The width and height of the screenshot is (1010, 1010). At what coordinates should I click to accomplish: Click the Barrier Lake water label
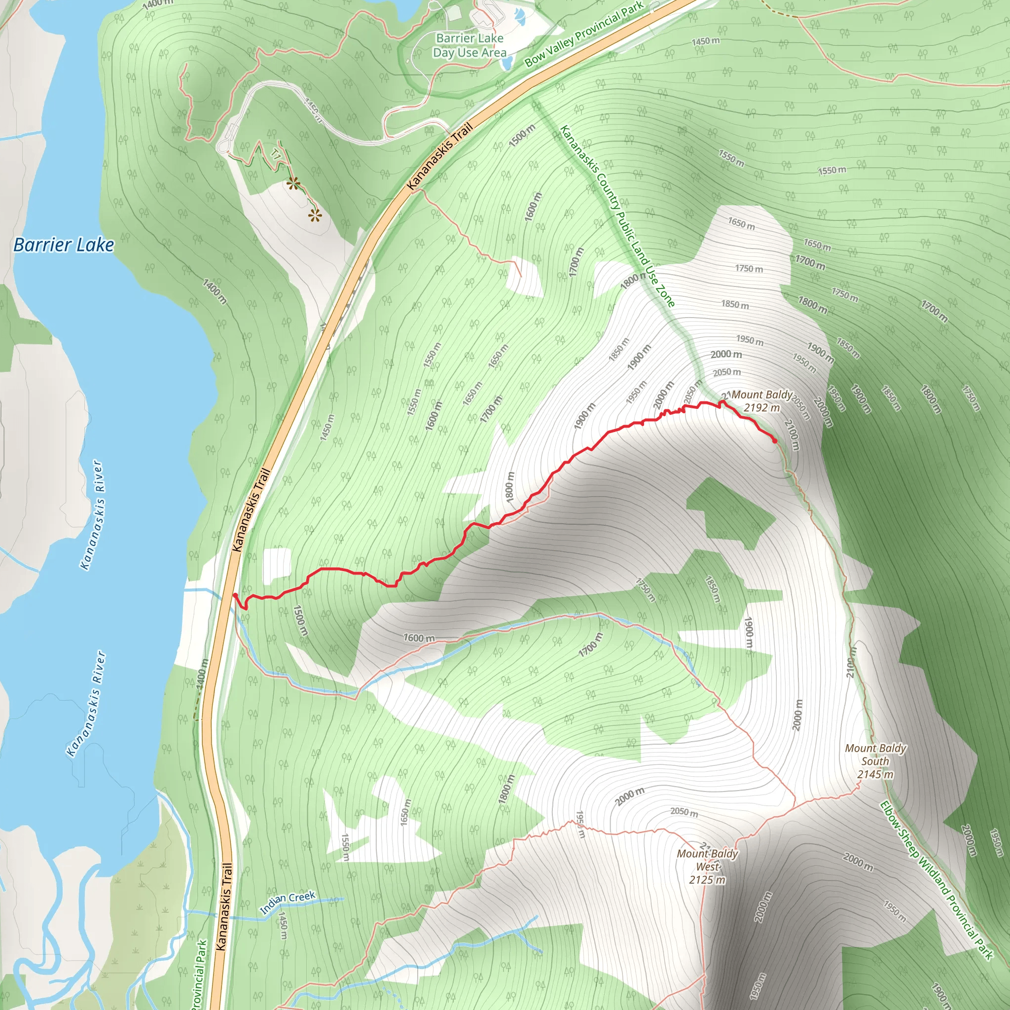[63, 245]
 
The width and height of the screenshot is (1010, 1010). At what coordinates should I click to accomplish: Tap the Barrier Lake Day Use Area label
[469, 45]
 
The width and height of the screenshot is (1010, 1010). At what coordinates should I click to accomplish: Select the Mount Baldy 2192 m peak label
[761, 401]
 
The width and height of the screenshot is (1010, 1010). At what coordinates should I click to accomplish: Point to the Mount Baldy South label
[875, 761]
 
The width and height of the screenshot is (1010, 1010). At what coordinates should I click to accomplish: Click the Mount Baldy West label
[707, 866]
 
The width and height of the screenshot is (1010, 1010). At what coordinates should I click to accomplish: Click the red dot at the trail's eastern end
[774, 441]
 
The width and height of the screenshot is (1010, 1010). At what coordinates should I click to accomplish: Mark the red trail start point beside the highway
[235, 595]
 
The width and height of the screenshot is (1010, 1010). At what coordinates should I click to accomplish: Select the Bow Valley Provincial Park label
[584, 35]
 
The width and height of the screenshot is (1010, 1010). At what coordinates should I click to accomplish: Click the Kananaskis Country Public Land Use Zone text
[617, 216]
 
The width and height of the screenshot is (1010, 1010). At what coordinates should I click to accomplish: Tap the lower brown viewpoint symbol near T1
[314, 215]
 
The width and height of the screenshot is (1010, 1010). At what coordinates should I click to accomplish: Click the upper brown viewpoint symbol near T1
[293, 183]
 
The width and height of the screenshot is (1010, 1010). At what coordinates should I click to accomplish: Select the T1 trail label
[276, 154]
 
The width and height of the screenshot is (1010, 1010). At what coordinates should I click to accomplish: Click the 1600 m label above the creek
[419, 638]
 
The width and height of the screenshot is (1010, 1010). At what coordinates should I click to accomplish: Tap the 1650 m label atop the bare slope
[741, 224]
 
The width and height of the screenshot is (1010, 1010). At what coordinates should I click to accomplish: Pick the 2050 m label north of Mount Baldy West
[684, 811]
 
